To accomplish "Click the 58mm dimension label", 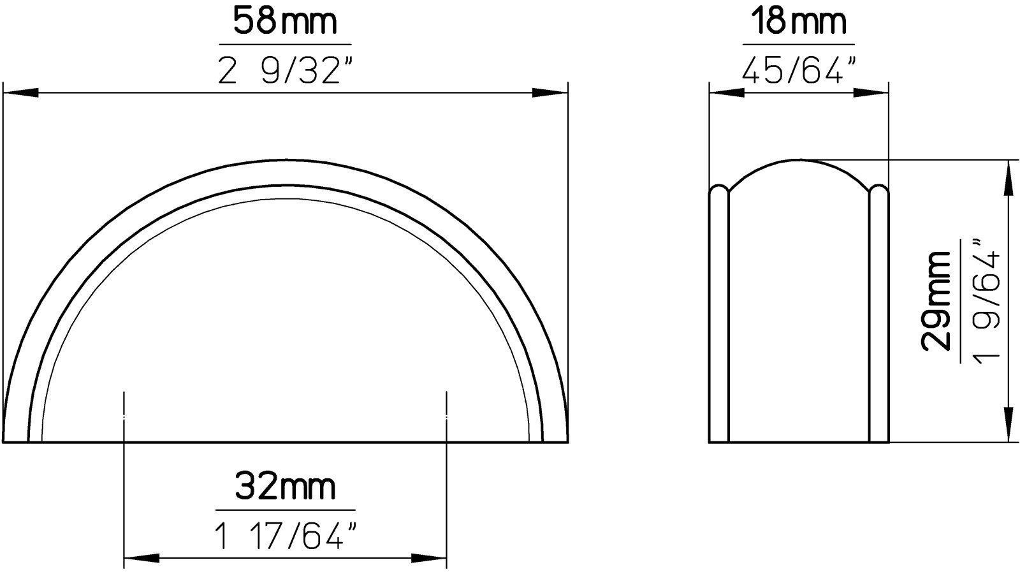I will coord(284,22).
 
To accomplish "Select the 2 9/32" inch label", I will coord(284,70).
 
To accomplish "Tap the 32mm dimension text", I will coord(284,487).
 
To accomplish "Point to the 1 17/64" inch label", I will coord(284,536).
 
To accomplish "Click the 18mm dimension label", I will coord(798,22).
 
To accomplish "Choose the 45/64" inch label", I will coord(798,70).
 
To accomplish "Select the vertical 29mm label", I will coord(936,301).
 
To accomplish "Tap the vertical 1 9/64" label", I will coord(985,301).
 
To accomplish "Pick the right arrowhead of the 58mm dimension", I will coord(550,93).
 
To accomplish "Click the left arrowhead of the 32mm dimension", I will coord(140,559).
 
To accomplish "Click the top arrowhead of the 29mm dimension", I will coord(1008,177).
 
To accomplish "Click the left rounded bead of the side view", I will coord(718,313).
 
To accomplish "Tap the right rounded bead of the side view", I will coord(878,313).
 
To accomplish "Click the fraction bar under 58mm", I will coord(284,45).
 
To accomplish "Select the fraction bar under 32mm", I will coord(284,510).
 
